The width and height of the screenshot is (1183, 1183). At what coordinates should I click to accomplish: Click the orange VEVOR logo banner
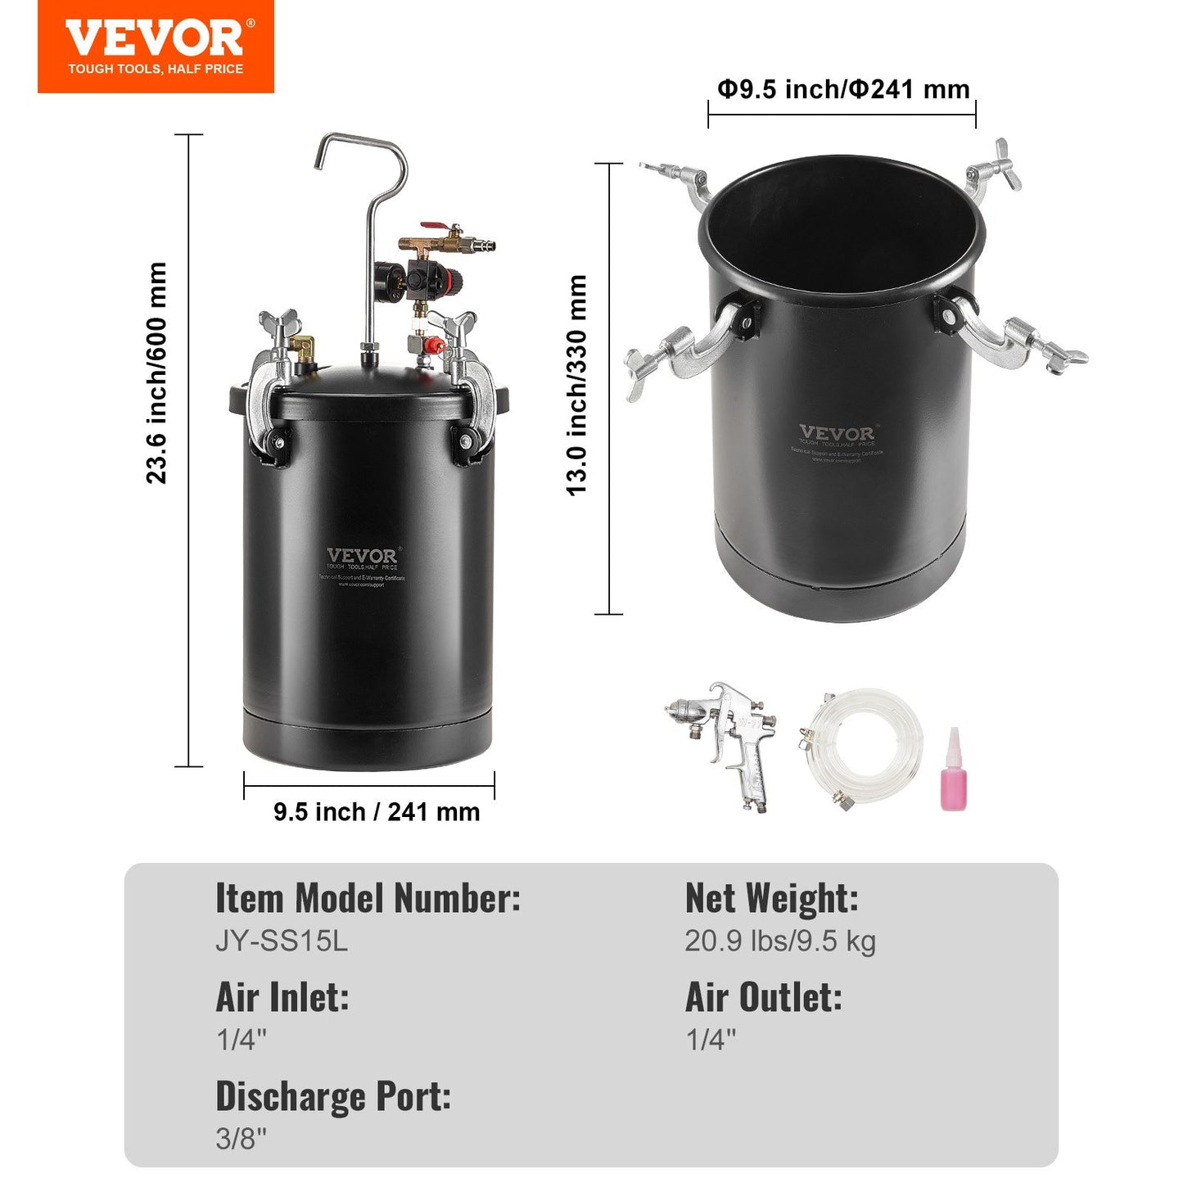(x=156, y=47)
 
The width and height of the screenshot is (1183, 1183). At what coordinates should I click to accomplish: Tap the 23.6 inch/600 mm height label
(x=156, y=373)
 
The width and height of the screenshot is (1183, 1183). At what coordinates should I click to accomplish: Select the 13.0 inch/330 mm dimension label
(x=577, y=386)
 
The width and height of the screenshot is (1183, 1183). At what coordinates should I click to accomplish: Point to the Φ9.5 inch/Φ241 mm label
(x=843, y=88)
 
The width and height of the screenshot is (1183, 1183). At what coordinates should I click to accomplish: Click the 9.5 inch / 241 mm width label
(x=377, y=812)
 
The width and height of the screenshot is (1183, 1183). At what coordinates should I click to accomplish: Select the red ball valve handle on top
(x=433, y=227)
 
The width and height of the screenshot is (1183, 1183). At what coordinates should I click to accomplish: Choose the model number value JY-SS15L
(x=282, y=941)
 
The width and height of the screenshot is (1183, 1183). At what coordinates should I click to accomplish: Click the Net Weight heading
(x=771, y=898)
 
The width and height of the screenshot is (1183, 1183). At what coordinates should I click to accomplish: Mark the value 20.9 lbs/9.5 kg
(x=779, y=941)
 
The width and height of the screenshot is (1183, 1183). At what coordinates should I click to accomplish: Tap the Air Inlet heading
(x=282, y=997)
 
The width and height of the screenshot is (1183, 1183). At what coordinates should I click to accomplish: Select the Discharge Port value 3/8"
(x=242, y=1138)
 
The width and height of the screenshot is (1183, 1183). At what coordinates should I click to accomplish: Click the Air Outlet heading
(x=763, y=997)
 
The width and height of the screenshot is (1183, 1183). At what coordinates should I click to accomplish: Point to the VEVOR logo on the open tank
(x=837, y=433)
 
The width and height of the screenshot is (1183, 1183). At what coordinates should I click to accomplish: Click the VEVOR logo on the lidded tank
(x=362, y=556)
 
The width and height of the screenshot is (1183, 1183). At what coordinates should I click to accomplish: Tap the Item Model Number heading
(x=368, y=898)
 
